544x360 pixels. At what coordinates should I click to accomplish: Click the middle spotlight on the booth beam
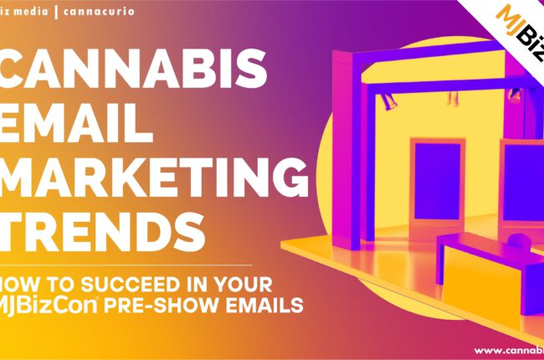(x=452, y=98)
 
